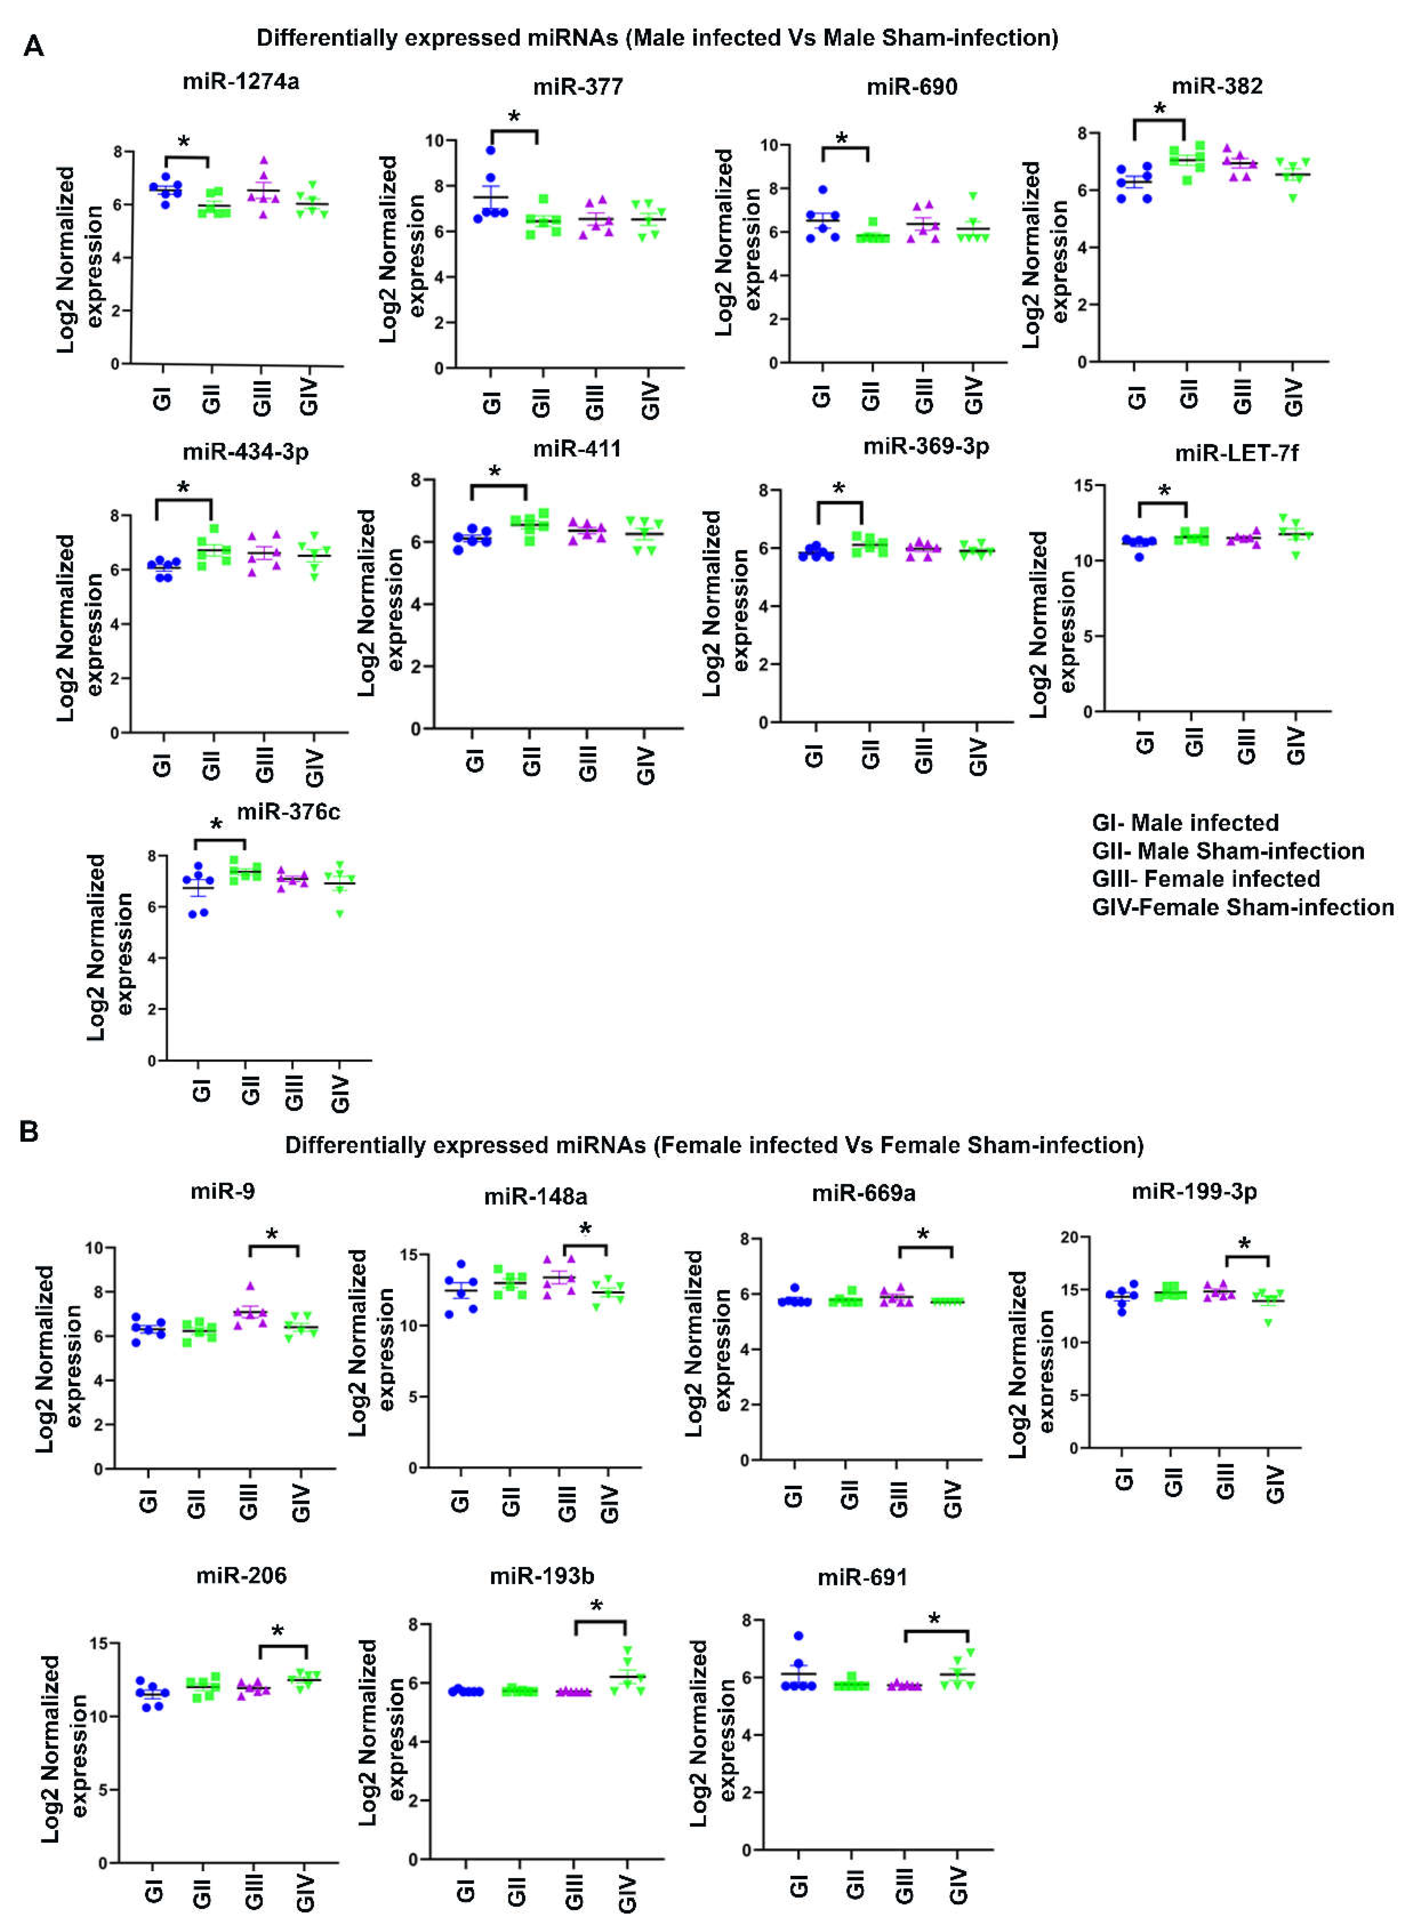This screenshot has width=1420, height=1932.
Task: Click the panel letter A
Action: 34,46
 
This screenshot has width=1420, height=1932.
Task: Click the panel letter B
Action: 29,1132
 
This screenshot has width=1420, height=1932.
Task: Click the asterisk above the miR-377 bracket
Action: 514,117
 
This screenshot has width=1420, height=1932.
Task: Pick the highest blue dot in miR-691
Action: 798,1636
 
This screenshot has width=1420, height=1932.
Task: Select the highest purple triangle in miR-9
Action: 250,1286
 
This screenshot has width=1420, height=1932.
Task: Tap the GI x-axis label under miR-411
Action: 475,761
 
